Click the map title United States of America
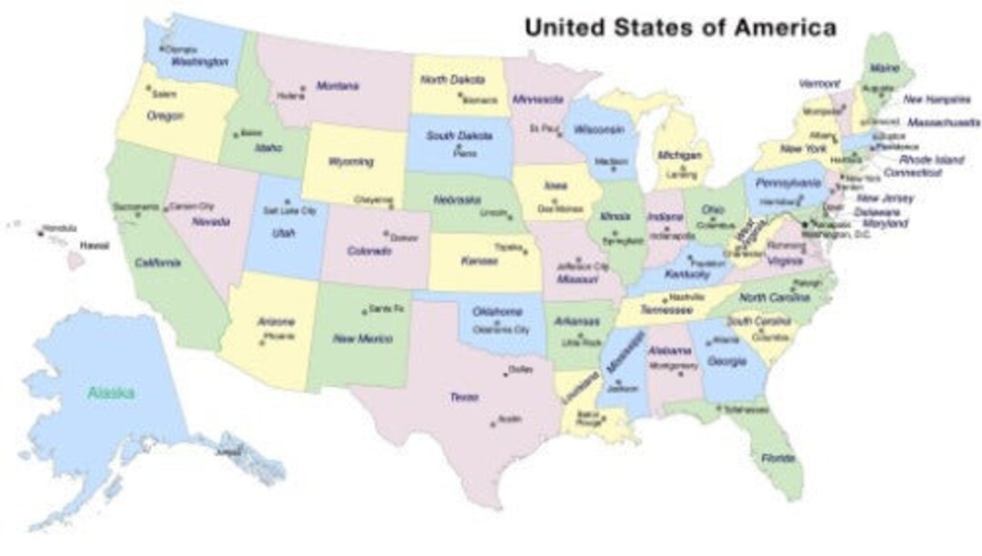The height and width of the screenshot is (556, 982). (x=680, y=27)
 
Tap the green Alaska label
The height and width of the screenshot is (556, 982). (x=112, y=393)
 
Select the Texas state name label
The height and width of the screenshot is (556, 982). (x=464, y=397)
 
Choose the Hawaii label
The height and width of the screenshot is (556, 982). (x=94, y=246)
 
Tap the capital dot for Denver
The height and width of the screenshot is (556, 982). (x=386, y=233)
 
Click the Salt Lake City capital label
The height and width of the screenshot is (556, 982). (x=289, y=211)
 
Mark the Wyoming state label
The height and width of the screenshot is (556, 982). (x=351, y=162)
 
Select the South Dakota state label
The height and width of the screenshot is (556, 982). (x=460, y=136)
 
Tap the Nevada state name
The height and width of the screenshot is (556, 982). (x=209, y=220)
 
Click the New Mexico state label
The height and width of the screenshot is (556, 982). (x=362, y=339)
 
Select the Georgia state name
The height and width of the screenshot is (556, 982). (x=726, y=360)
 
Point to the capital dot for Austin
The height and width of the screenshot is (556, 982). (x=494, y=422)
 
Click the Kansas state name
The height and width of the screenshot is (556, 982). (x=479, y=261)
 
